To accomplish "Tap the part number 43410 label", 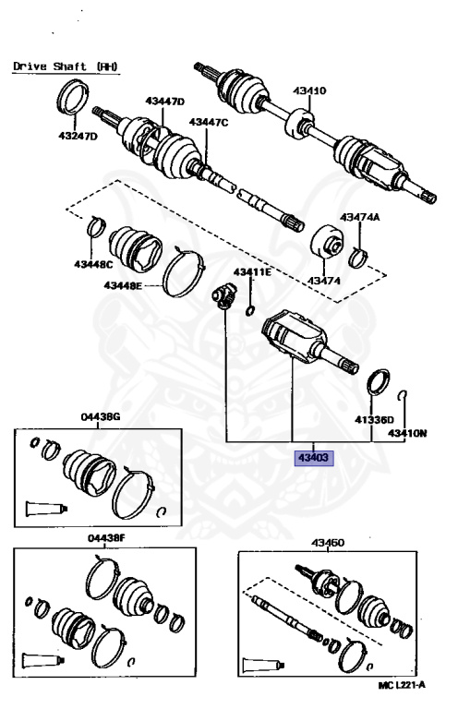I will click(310, 91).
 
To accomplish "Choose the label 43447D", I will click(164, 101).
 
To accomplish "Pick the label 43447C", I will click(208, 122).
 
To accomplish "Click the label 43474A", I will click(359, 217).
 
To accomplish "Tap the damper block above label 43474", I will click(325, 244).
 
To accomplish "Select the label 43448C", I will click(95, 265).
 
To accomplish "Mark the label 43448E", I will click(123, 285).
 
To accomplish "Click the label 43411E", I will click(251, 272).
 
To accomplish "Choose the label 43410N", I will click(407, 432).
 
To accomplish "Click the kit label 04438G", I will click(103, 417).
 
